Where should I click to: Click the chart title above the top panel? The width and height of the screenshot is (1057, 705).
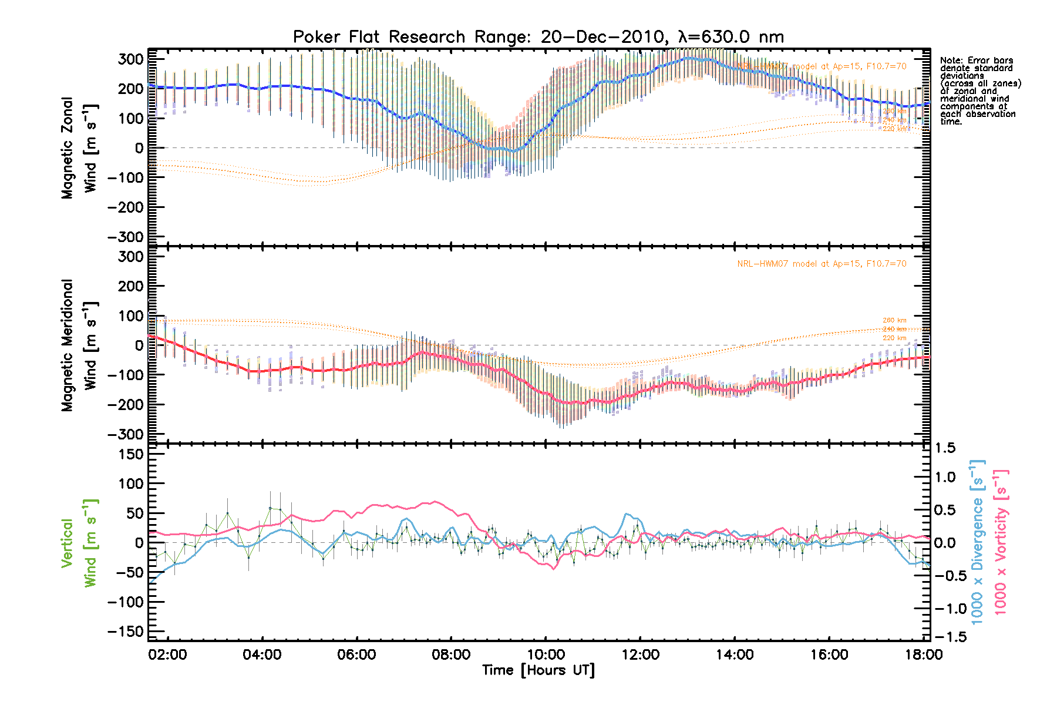538,37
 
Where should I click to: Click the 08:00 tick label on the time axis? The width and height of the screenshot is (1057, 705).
451,654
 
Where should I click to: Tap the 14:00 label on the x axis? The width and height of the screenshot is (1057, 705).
735,654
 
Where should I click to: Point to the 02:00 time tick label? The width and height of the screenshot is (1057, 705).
168,654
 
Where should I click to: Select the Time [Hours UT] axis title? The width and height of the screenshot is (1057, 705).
538,670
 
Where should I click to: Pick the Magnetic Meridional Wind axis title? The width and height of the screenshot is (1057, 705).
79,345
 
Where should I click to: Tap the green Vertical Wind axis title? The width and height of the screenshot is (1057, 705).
79,543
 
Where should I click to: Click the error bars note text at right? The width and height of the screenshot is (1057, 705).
980,91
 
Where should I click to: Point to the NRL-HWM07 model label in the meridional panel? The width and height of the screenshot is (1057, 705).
822,264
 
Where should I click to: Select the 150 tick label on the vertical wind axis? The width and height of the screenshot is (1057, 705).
131,454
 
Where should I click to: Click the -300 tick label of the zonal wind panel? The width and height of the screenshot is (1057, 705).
126,237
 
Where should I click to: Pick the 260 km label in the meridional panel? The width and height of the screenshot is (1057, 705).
894,320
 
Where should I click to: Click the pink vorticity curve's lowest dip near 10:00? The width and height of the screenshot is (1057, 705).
553,569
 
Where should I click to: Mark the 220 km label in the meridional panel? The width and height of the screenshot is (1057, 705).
894,338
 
